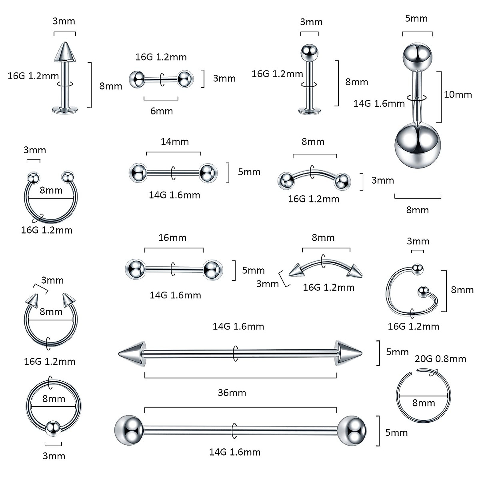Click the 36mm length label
point(232,392)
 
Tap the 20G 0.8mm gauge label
point(440,359)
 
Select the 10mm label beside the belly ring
point(458,95)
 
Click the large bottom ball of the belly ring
point(417,145)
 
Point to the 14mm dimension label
point(174,142)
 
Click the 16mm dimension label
point(172,238)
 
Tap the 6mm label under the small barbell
point(161,111)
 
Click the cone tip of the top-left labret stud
point(65,52)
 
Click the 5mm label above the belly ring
point(416,18)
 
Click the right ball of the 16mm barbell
point(212,269)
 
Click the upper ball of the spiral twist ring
point(417,269)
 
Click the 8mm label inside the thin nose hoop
point(423,403)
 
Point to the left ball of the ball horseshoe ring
point(33,177)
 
